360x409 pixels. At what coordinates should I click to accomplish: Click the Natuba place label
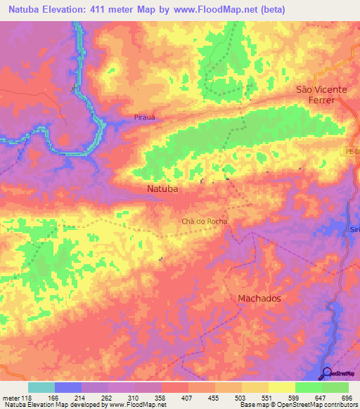(163, 190)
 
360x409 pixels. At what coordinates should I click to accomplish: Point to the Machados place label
(259, 298)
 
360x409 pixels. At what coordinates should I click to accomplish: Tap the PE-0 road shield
(352, 151)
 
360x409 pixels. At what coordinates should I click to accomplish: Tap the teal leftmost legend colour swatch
(41, 387)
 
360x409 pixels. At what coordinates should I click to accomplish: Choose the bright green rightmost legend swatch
(335, 387)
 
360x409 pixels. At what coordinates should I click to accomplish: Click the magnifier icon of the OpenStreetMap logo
(328, 373)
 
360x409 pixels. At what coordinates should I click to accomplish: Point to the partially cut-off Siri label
(354, 230)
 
